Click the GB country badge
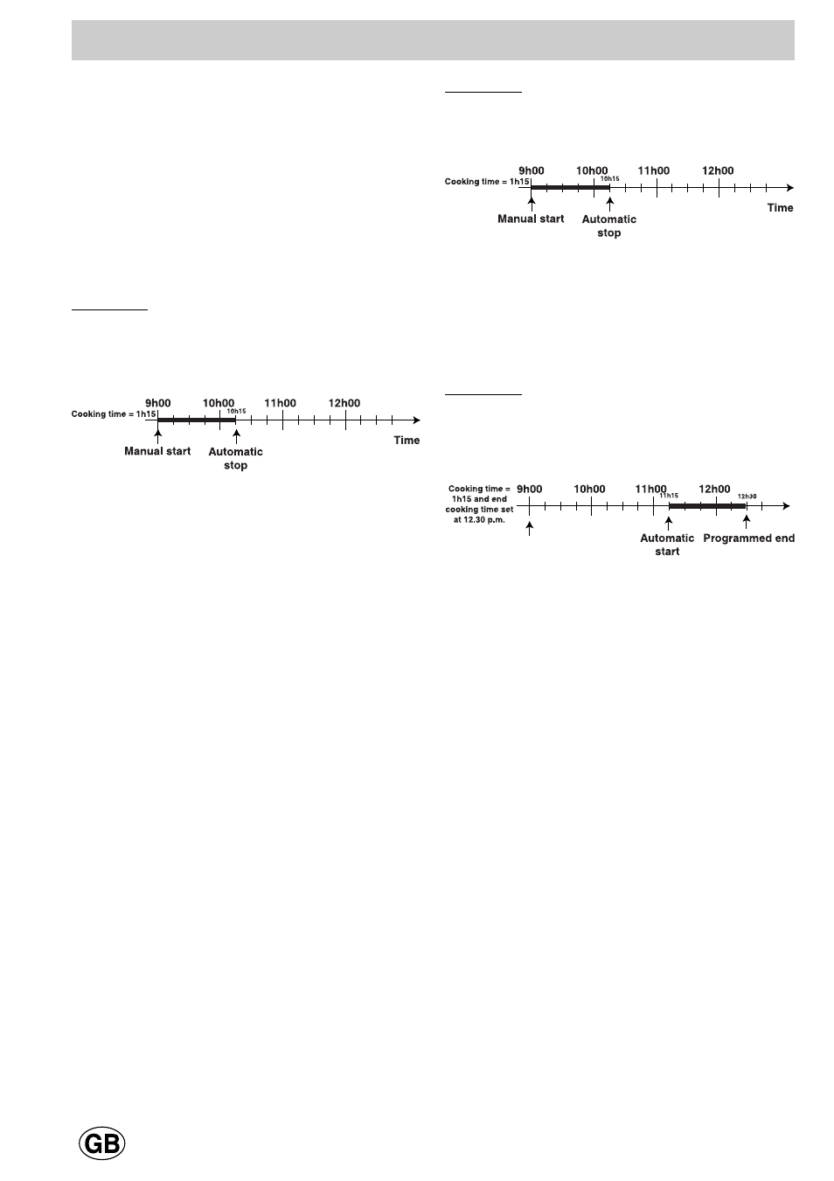point(102,1143)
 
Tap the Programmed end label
point(748,538)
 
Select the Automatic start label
point(667,545)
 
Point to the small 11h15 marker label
point(669,496)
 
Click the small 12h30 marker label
point(747,496)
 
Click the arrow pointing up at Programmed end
point(746,521)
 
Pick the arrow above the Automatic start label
point(668,521)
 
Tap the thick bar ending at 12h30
point(707,506)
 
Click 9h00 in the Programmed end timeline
point(529,489)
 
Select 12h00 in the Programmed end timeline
point(714,489)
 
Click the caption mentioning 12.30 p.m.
point(479,504)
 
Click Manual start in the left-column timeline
point(157,451)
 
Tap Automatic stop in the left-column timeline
point(235,458)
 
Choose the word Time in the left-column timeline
point(407,440)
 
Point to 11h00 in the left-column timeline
point(281,403)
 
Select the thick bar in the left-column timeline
point(196,420)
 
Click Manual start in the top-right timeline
point(531,219)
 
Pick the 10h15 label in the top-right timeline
point(609,178)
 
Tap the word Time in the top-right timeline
point(780,207)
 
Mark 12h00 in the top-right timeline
point(718,170)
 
